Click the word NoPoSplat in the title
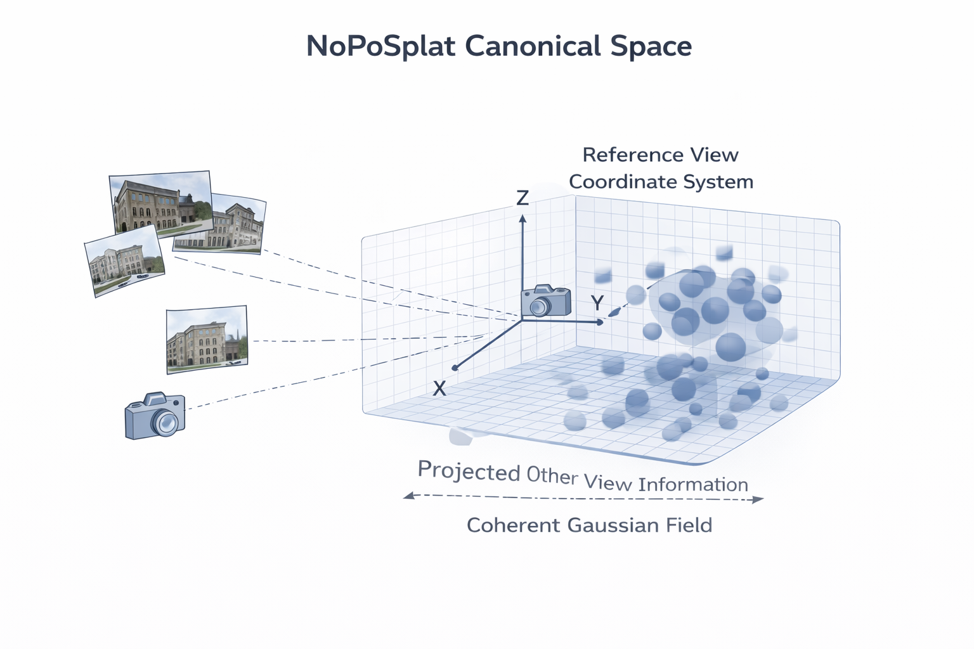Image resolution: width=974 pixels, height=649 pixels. (x=380, y=46)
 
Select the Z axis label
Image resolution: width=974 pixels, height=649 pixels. (x=523, y=198)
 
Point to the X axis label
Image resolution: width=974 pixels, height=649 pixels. (x=439, y=389)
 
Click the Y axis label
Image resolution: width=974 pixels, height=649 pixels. (x=597, y=303)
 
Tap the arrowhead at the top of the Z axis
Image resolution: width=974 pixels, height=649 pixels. (x=523, y=219)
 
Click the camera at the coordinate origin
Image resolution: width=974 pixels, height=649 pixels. (x=545, y=301)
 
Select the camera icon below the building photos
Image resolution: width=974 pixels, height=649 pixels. (x=155, y=416)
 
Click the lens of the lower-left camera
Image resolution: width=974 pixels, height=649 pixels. (x=167, y=422)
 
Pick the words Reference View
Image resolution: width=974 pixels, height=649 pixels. (x=660, y=155)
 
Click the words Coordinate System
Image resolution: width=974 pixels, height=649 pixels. (x=661, y=182)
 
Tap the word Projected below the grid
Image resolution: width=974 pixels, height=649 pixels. (x=469, y=471)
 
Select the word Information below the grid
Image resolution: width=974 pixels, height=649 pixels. (x=693, y=485)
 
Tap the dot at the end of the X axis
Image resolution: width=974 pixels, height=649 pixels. (x=455, y=368)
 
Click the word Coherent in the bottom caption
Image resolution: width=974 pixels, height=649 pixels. (x=513, y=525)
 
